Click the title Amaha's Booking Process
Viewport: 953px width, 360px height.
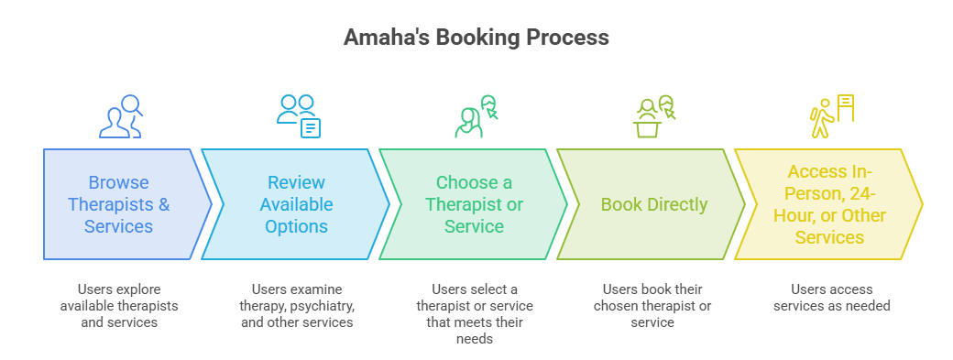[476, 38]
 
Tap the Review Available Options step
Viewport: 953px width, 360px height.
[296, 204]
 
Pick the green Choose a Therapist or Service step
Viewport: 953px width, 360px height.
[474, 204]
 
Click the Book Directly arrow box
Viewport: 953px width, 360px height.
[651, 204]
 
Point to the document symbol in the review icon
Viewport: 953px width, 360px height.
[311, 127]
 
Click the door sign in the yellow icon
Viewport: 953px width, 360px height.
[846, 108]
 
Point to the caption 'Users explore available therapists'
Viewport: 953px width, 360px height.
[119, 298]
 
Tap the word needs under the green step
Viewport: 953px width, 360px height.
[475, 338]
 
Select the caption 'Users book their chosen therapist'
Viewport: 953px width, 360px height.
[652, 298]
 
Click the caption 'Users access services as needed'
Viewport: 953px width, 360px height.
[831, 298]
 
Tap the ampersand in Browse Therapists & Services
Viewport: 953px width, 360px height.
[164, 204]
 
